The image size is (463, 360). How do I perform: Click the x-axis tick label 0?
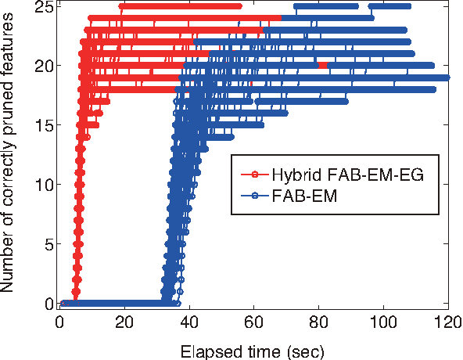tap(59, 322)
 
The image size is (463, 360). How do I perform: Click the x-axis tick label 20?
tap(124, 322)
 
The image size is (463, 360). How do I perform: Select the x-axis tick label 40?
tap(189, 322)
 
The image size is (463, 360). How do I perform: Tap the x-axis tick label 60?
tap(254, 322)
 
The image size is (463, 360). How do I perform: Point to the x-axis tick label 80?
tap(319, 322)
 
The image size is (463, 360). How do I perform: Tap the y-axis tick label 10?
tap(43, 185)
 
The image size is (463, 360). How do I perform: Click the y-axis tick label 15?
tap(43, 125)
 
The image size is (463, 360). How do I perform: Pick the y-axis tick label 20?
tap(43, 66)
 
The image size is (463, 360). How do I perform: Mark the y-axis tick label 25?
tap(43, 6)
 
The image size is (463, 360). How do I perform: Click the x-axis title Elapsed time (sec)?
tap(253, 347)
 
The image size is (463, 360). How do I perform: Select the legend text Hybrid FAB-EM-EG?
tap(347, 175)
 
